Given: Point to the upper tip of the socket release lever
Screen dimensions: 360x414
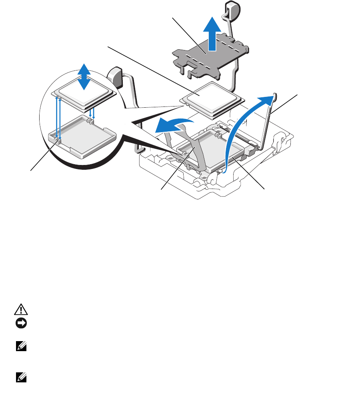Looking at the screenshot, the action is (x=274, y=95).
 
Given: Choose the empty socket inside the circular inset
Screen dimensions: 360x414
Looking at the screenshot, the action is (x=80, y=136).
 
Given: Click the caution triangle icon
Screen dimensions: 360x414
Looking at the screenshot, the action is (x=19, y=309).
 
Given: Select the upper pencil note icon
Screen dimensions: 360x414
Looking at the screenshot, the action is (x=19, y=348).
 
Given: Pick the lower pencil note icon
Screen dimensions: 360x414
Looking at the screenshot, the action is (x=19, y=376).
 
